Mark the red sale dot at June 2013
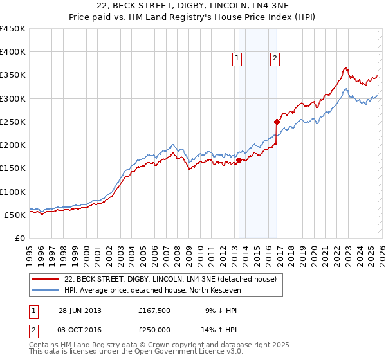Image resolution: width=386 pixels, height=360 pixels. point(239,160)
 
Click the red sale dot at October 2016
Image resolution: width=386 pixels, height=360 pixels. point(277,122)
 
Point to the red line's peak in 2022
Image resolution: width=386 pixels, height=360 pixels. point(345,68)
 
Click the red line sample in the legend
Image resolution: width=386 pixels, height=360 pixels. point(46,279)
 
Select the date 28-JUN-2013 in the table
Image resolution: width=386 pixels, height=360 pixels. point(79,310)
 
